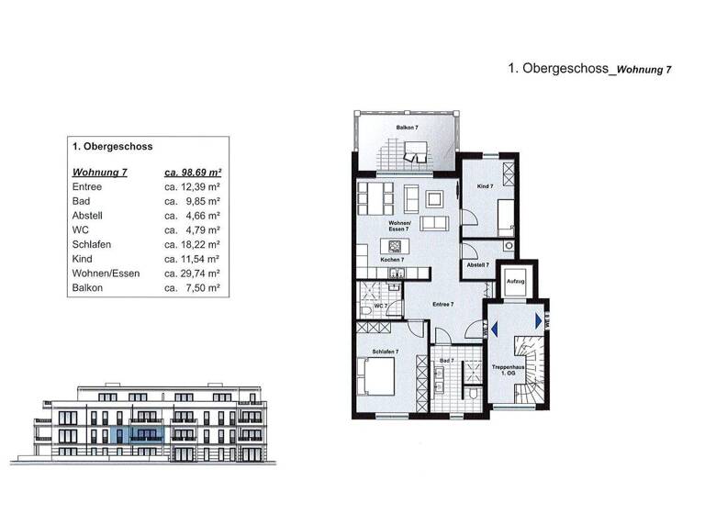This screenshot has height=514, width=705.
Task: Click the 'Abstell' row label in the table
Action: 87,216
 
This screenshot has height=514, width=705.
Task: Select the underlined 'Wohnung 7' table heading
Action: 99,172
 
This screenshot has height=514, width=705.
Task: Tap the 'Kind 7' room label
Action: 485,186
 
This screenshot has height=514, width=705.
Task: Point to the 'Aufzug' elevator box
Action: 514,283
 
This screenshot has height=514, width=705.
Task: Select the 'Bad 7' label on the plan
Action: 445,362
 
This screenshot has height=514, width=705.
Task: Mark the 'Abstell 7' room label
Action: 478,264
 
